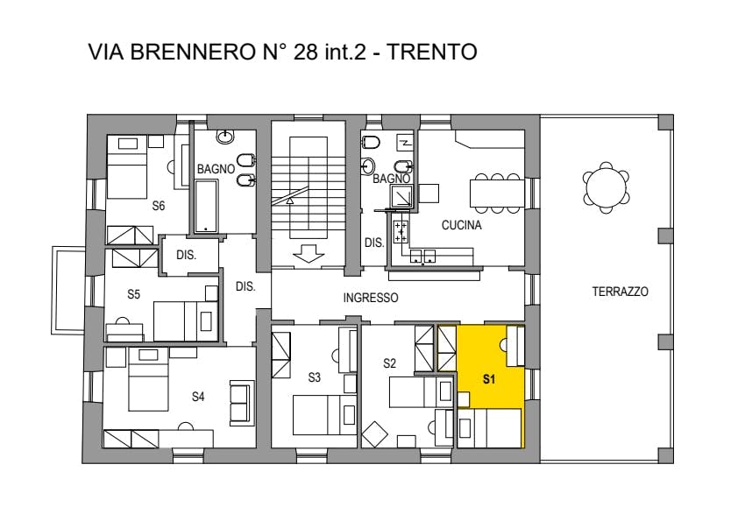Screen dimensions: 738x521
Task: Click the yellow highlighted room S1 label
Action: pos(489,379)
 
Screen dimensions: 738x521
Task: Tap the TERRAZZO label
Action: pos(620,292)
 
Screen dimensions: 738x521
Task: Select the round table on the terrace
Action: pos(606,187)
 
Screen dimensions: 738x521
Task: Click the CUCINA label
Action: pos(461,225)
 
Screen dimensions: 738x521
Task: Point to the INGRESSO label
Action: pos(371,298)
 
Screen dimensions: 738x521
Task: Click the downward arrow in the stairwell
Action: pos(309,256)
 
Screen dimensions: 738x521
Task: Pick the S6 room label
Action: pos(159,206)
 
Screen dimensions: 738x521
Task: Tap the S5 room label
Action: pos(134,294)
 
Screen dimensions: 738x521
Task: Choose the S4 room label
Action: pos(198,397)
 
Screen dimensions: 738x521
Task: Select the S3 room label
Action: pos(315,377)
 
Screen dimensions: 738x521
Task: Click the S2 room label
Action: pos(389,363)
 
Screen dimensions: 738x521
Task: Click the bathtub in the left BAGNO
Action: pos(206,207)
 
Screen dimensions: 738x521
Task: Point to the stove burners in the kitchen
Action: pos(401,232)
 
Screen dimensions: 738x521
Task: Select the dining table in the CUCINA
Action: pos(497,194)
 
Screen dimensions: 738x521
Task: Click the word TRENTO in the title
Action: pos(431,52)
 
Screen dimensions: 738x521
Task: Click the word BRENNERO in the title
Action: pos(192,52)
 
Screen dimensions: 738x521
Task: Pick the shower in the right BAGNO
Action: pos(401,196)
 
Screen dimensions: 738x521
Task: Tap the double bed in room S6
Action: pos(127,168)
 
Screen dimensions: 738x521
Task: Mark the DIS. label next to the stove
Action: pos(374,243)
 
